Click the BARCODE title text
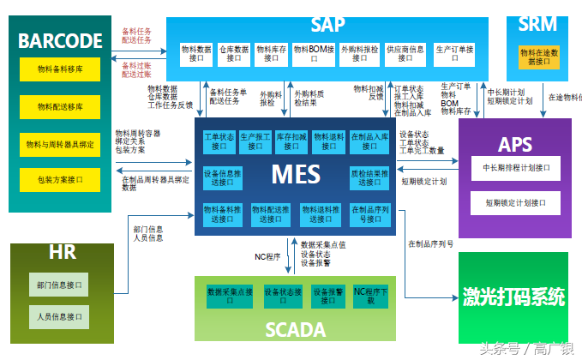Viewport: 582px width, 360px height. click(60, 40)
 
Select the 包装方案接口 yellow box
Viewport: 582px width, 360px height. click(60, 181)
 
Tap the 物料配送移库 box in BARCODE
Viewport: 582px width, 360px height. click(60, 106)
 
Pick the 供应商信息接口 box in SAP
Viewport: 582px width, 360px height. click(405, 54)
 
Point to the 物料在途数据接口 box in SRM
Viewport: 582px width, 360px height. click(540, 57)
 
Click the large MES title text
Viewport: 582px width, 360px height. click(296, 174)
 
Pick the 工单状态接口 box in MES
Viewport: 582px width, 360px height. click(219, 141)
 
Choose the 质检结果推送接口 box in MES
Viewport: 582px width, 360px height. click(369, 177)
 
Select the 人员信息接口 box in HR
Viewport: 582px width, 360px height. click(60, 316)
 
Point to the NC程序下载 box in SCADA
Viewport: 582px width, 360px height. click(370, 297)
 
